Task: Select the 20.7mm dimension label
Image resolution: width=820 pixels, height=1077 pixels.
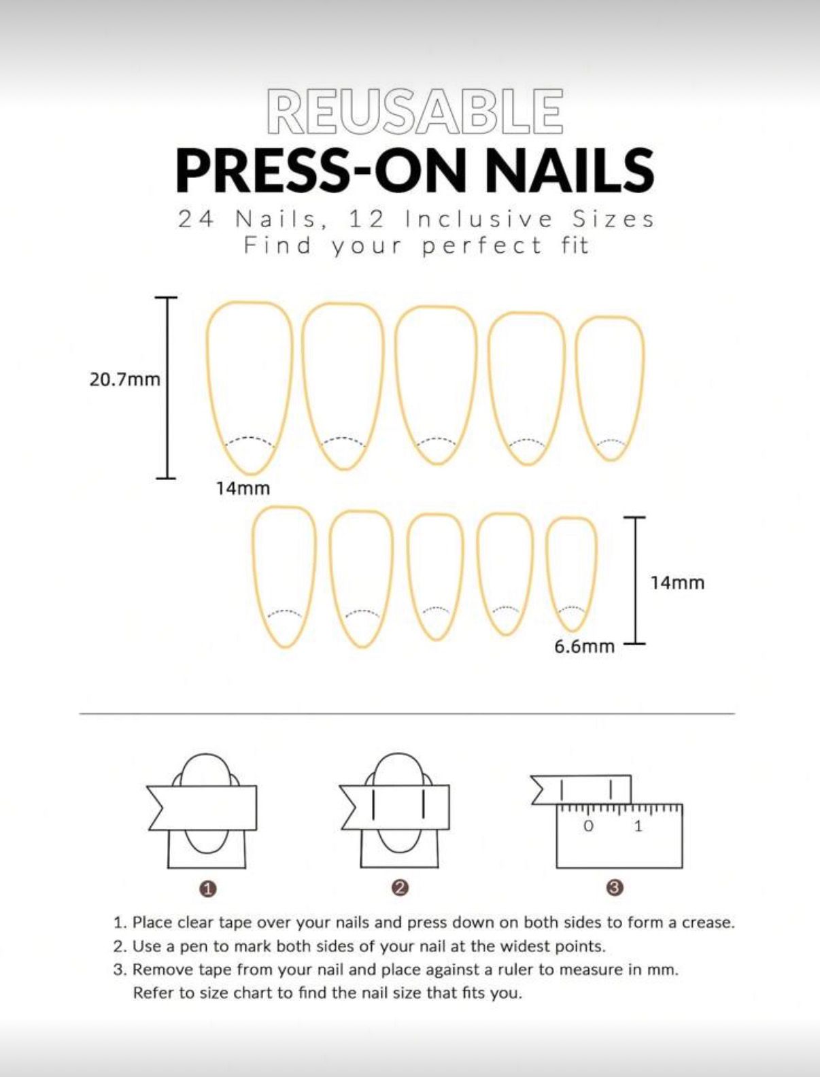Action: pos(124,379)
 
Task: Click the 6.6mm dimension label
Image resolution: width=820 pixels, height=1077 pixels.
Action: pos(584,646)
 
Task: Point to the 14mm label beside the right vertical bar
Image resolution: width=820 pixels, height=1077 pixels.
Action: pos(677,583)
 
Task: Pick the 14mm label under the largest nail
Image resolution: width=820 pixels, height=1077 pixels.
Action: pos(243,488)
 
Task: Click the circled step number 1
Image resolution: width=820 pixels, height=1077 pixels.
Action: pos(208,888)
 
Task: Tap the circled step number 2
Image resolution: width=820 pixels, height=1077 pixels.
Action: pos(400,887)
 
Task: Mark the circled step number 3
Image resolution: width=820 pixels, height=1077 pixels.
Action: pos(615,887)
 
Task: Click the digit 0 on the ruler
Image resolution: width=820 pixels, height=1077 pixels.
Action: pos(589,826)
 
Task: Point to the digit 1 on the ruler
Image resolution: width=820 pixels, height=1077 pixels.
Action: pos(638,826)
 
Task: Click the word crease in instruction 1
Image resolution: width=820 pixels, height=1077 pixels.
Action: pos(710,923)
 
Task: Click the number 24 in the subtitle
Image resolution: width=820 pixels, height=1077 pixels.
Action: pos(196,219)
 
